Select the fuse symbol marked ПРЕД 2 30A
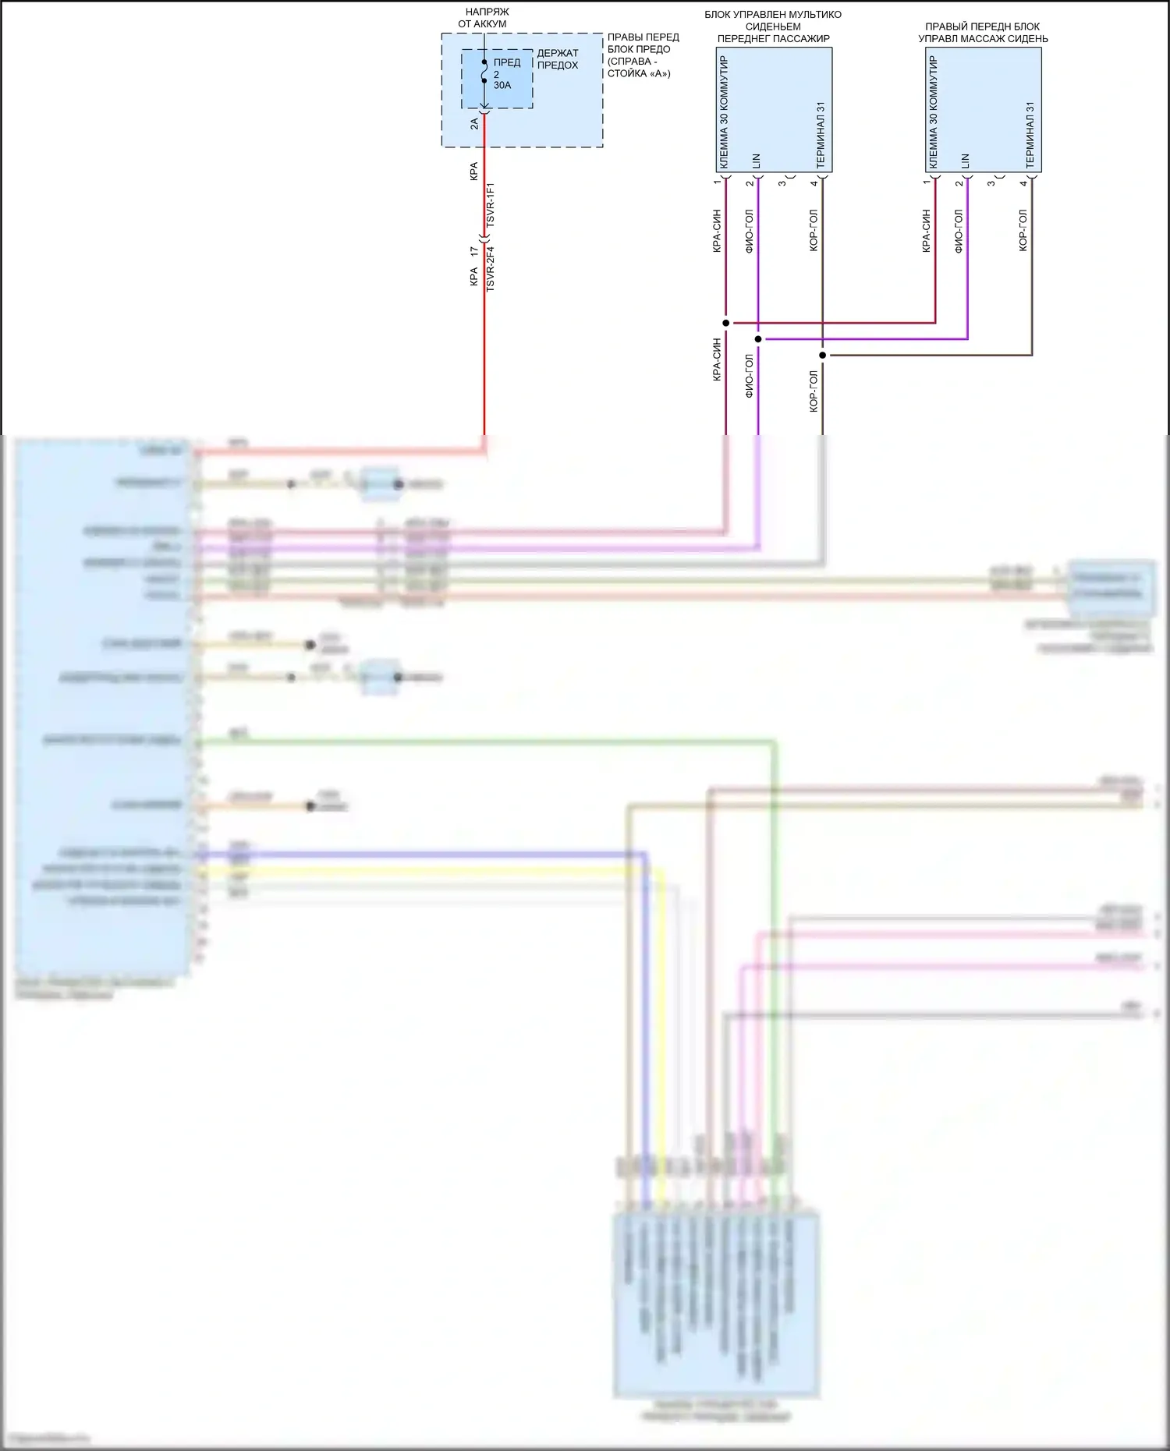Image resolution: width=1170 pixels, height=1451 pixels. click(484, 72)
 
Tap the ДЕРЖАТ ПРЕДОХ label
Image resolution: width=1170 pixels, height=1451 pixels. click(558, 59)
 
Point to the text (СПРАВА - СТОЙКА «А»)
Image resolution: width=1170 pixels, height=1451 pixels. click(638, 67)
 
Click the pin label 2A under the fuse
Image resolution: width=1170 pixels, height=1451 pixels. click(474, 123)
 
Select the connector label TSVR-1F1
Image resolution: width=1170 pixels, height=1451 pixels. click(491, 205)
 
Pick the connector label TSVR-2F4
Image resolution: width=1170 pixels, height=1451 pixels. click(491, 269)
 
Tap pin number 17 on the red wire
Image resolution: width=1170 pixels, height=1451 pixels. click(474, 252)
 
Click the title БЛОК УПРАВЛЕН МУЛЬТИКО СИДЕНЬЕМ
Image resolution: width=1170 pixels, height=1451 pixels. click(773, 20)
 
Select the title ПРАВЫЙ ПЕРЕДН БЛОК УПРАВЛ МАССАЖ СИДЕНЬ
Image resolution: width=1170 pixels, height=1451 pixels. click(983, 32)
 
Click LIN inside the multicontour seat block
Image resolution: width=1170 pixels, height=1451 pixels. click(757, 161)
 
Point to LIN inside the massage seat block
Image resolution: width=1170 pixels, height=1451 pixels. click(966, 161)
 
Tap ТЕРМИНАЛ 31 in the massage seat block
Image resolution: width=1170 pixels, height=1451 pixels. click(1030, 135)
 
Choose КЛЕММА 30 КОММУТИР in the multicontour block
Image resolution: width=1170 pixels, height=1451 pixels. click(725, 111)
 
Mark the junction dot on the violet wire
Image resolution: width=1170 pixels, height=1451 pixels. click(758, 339)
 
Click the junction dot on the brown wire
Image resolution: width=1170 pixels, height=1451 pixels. click(823, 356)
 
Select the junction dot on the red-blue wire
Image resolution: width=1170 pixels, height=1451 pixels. click(726, 323)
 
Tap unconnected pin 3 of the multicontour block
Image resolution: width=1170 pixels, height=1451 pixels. click(782, 182)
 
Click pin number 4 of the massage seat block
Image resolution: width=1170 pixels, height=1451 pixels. click(1023, 183)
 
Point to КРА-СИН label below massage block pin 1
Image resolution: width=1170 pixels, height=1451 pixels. click(927, 230)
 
